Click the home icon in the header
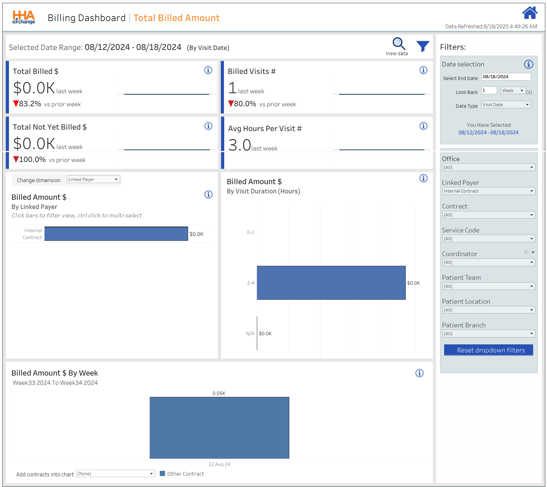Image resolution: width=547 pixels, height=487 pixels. coord(529,13)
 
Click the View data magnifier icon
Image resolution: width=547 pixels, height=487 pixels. coord(398,44)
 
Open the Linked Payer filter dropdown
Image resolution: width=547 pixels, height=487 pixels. coord(488,191)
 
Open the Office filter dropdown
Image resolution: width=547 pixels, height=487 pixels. coord(488,167)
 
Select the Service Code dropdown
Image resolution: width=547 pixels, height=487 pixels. coord(488,239)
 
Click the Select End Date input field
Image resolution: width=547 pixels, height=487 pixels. coord(506,77)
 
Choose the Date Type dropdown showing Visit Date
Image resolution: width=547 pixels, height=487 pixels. coord(506,105)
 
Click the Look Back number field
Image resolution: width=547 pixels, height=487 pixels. coord(489,91)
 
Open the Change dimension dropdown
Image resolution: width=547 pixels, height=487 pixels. coord(93,180)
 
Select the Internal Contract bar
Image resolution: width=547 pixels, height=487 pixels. coord(116,234)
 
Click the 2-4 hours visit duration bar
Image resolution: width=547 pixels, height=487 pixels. coord(331,283)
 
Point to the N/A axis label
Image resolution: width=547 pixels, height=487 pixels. coord(250,334)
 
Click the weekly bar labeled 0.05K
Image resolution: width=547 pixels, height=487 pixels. coord(219,428)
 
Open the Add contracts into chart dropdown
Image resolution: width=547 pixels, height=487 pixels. coord(115,474)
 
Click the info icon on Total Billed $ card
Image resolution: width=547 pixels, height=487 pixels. coord(208,70)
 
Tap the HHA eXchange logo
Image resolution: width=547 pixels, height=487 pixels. coord(24,17)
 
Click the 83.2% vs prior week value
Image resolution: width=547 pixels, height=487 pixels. coord(30,104)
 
